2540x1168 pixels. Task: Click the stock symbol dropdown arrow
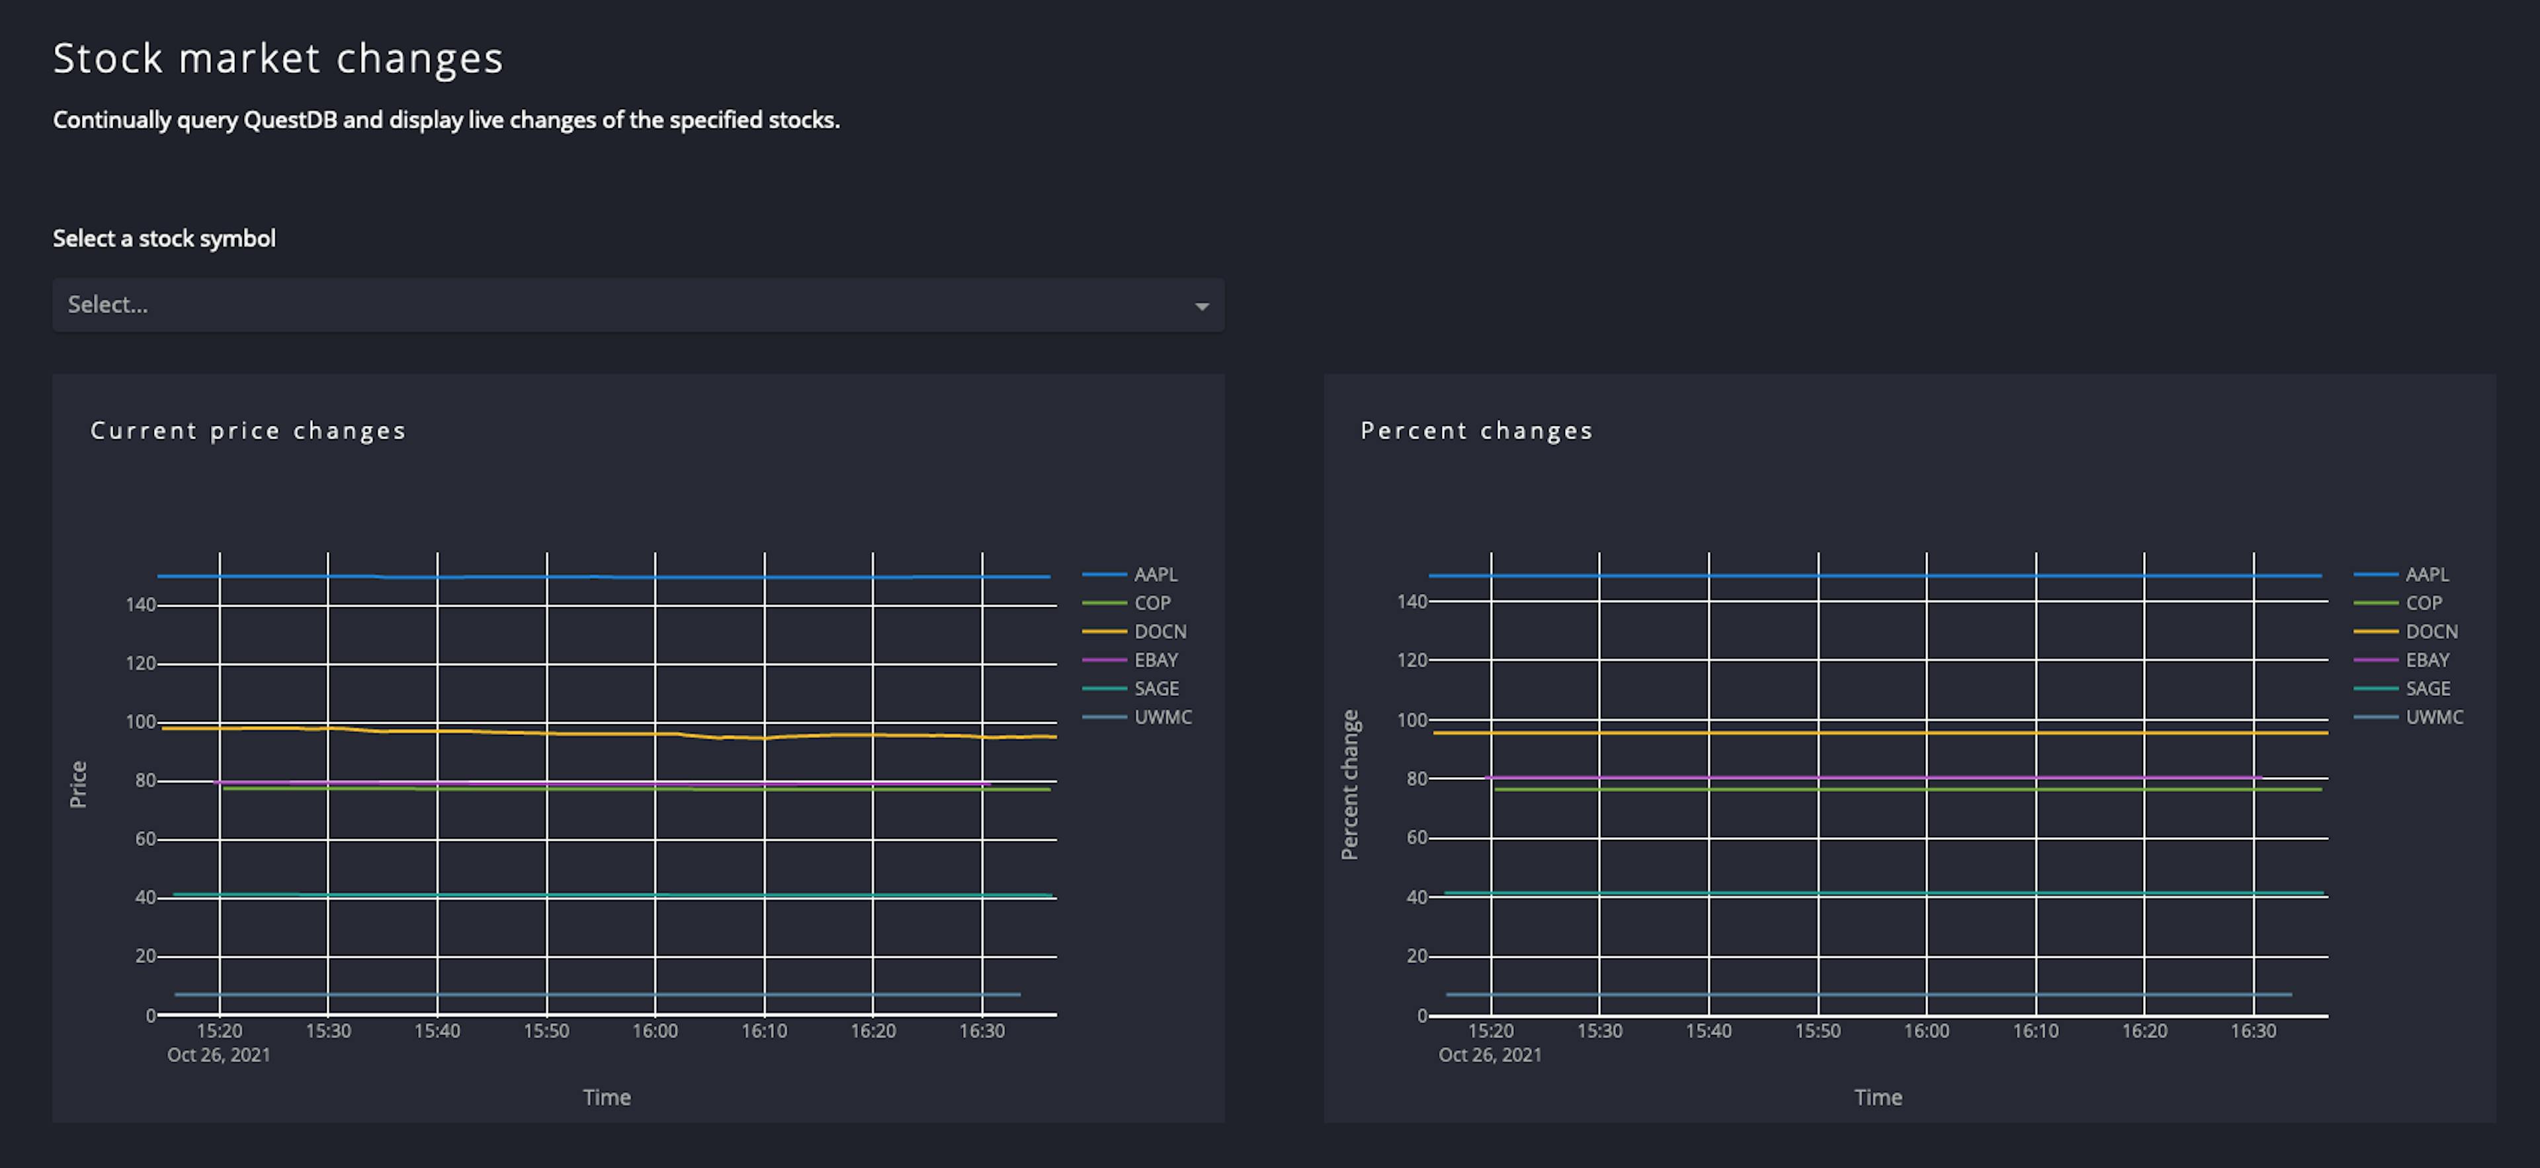click(1201, 306)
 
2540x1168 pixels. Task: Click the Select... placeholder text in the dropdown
click(107, 305)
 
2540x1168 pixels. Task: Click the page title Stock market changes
click(278, 58)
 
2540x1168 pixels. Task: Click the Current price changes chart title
click(249, 431)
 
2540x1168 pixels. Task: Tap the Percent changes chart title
click(1476, 431)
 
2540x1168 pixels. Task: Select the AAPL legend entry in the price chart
click(1155, 573)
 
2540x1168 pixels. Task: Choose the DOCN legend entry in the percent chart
click(2431, 631)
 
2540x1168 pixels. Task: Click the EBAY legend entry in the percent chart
click(2427, 659)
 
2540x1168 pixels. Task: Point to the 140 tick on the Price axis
click(140, 605)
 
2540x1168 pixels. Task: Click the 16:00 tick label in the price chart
click(655, 1031)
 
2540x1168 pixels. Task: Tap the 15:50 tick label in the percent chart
click(1817, 1031)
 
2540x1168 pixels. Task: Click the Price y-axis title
click(78, 784)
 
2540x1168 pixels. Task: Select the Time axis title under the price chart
click(607, 1097)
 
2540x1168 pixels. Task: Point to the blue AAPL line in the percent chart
click(1873, 575)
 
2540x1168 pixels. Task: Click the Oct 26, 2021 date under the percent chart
click(1489, 1055)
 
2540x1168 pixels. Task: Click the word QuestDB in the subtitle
click(290, 120)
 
